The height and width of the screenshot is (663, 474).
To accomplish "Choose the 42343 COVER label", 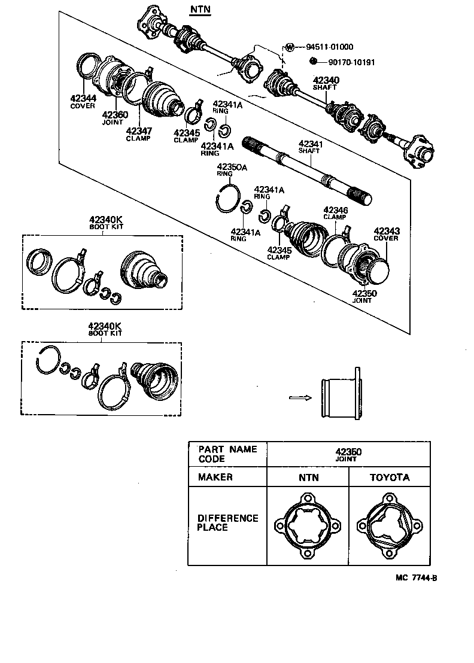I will (x=386, y=234).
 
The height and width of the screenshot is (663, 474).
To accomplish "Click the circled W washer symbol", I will (x=289, y=47).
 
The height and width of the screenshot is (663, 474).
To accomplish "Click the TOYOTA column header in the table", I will (x=389, y=477).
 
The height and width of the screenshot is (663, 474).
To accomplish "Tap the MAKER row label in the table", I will (x=215, y=477).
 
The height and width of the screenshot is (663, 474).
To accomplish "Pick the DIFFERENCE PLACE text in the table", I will (x=227, y=522).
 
